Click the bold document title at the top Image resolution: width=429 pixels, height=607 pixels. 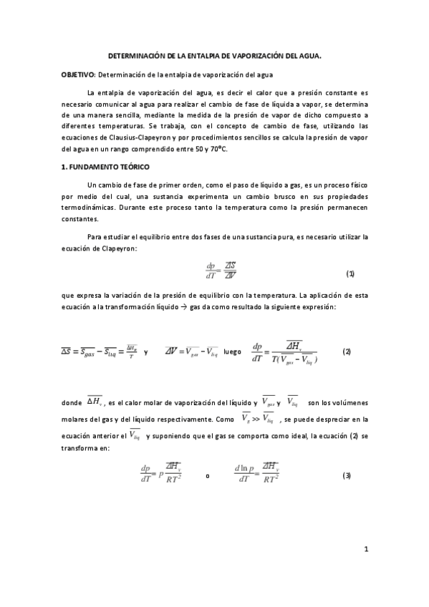point(214,54)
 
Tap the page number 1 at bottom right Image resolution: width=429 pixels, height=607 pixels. point(366,569)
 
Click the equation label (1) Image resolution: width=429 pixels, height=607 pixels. point(350,273)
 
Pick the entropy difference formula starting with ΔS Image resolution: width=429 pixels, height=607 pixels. point(98,351)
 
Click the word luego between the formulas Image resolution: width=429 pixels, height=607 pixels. point(233,352)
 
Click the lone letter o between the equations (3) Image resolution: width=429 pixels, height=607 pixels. point(207,477)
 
